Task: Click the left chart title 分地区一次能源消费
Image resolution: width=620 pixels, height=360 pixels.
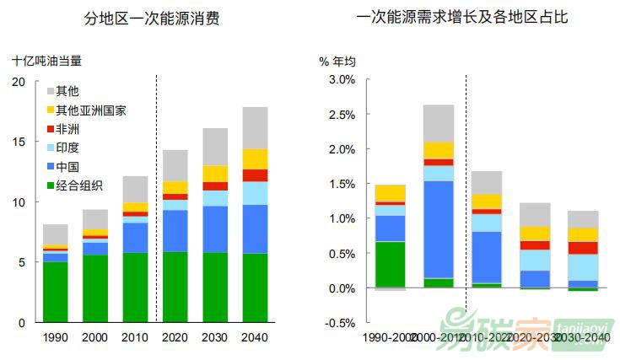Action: coord(153,18)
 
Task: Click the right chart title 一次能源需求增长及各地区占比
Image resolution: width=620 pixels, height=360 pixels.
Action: coord(462,18)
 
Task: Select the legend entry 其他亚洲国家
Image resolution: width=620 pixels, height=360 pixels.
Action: coord(91,110)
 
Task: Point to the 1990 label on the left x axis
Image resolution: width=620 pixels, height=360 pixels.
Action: coord(56,338)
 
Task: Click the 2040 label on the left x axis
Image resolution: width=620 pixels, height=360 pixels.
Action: coord(255,338)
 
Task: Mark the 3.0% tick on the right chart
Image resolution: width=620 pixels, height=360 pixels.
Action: coord(342,79)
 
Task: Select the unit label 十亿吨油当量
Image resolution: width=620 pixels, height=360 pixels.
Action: coord(47,61)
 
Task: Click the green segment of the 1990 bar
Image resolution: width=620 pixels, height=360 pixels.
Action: coord(56,292)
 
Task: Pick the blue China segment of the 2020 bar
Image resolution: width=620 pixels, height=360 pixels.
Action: coord(175,230)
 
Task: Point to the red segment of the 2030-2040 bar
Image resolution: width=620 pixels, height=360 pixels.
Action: coord(583,248)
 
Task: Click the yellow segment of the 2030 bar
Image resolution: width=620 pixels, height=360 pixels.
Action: coord(215,174)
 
